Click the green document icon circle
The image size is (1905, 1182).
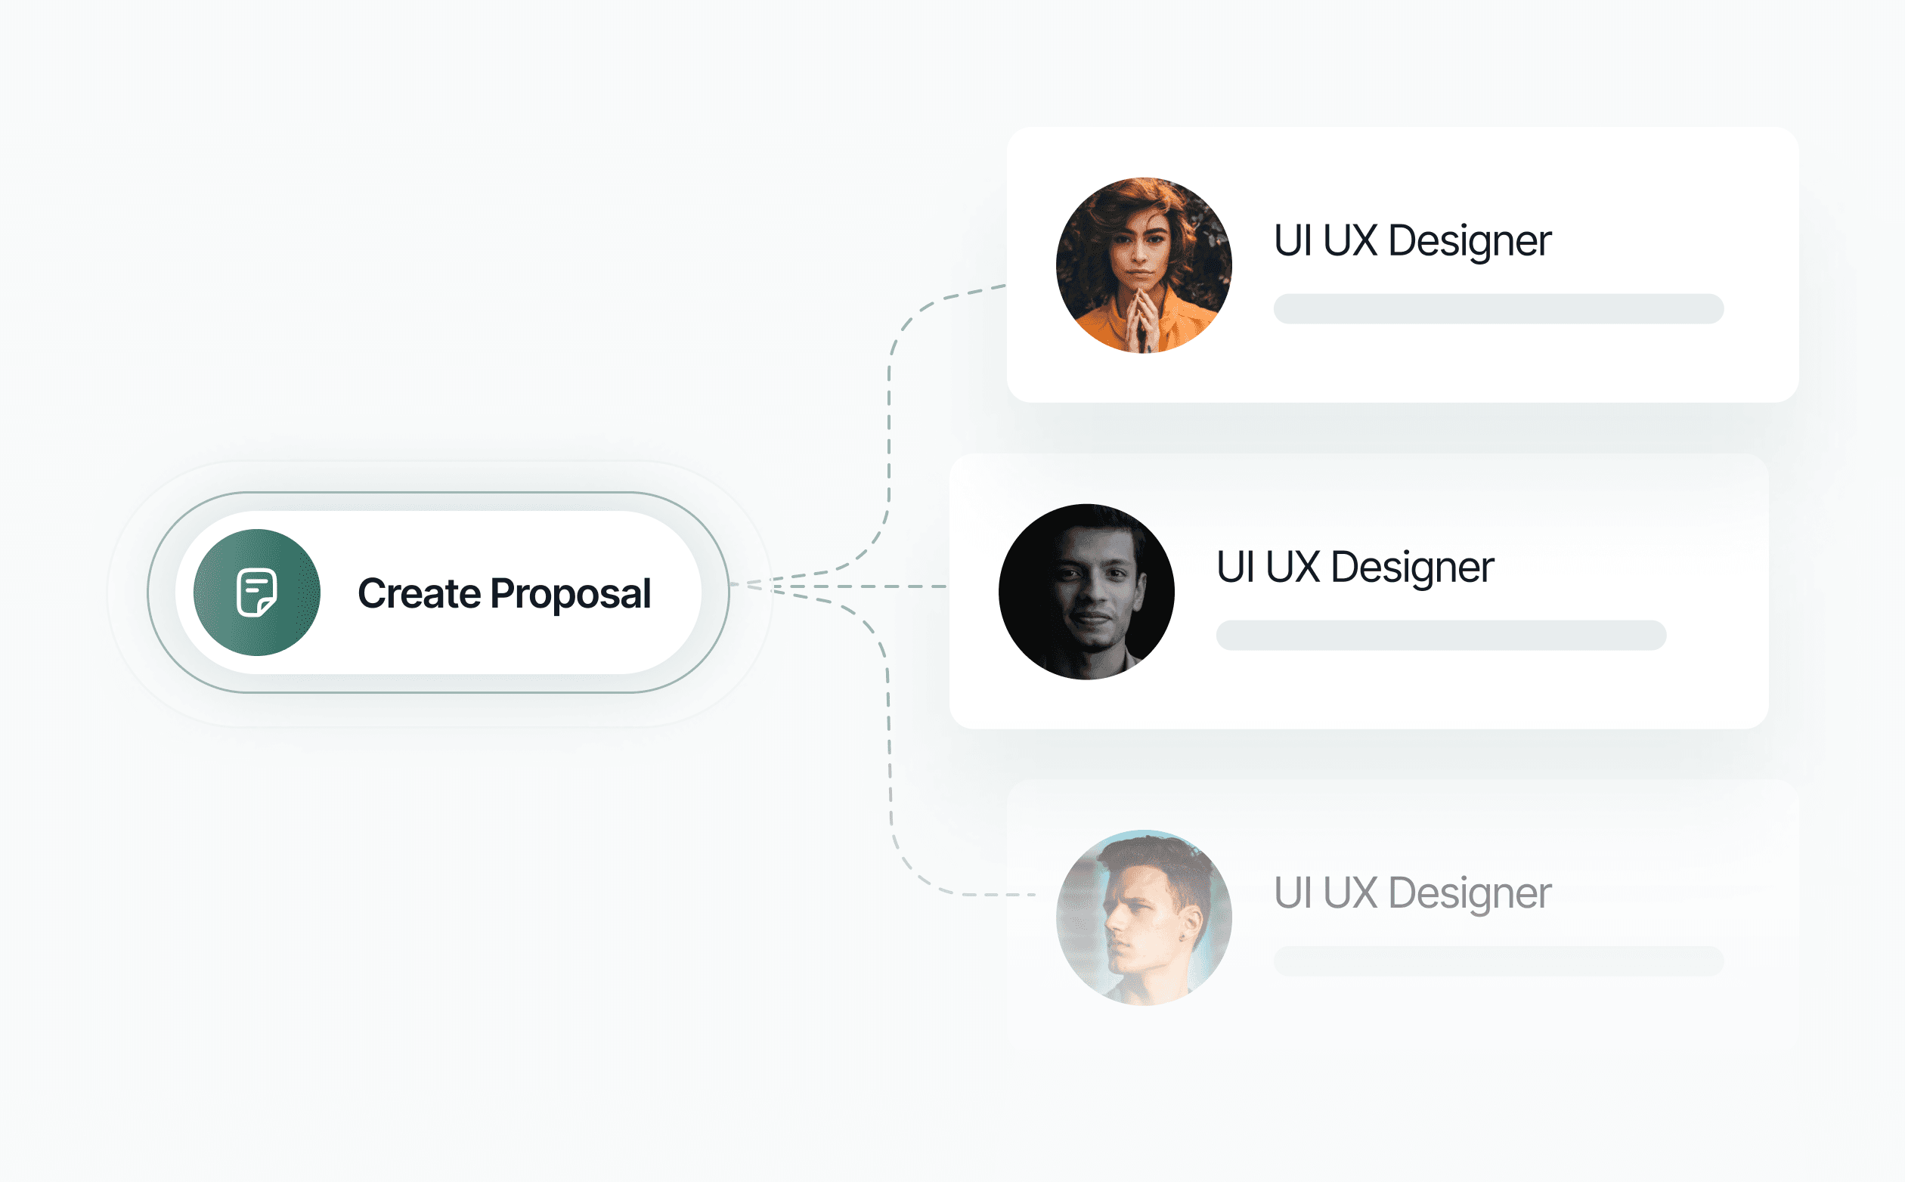[x=256, y=593]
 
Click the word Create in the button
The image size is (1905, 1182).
[x=419, y=593]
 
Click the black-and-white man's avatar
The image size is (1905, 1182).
[x=1086, y=592]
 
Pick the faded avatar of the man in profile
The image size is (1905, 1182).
[x=1143, y=917]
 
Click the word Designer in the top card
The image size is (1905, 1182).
[x=1469, y=241]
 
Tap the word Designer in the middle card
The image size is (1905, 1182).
[x=1412, y=568]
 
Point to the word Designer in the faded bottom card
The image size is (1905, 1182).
[x=1469, y=893]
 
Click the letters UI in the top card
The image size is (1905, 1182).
[x=1292, y=241]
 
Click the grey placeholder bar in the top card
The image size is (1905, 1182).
[x=1498, y=309]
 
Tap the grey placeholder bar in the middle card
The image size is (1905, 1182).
[x=1441, y=636]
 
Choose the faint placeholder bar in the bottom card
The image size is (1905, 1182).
[x=1498, y=961]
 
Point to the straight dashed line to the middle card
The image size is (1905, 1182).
[x=860, y=586]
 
